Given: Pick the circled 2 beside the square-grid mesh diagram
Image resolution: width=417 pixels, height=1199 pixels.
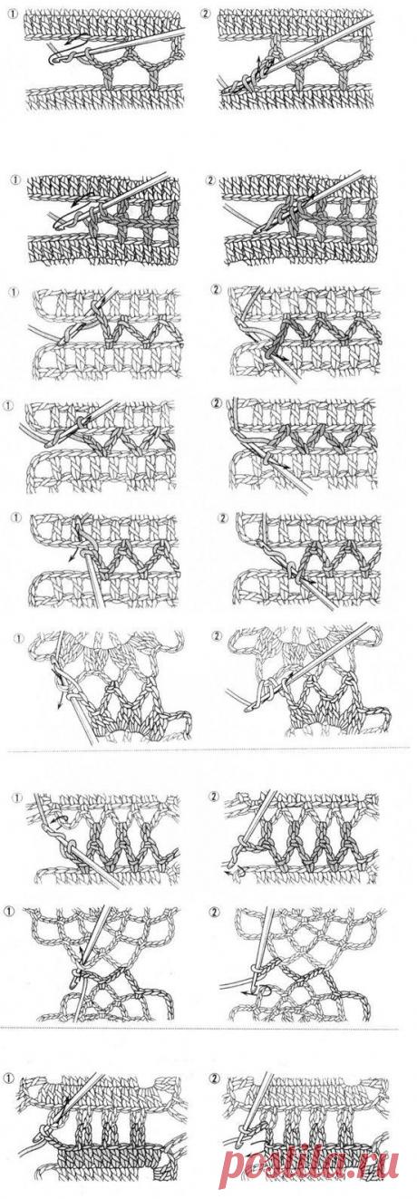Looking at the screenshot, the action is (209, 180).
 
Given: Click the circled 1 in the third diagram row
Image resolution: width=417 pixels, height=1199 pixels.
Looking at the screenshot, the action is (14, 292).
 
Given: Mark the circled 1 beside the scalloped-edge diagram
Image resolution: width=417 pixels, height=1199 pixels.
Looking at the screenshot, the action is (20, 637).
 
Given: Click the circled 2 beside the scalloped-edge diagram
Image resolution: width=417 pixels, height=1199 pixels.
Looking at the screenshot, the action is (217, 635).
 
